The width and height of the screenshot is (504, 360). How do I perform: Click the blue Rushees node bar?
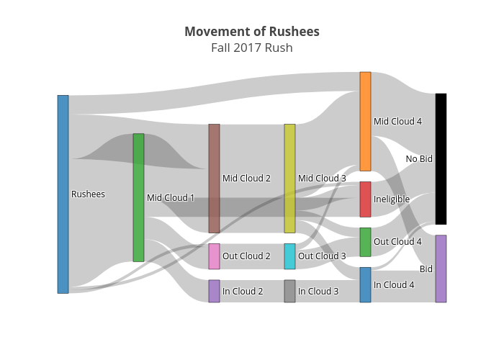(63, 194)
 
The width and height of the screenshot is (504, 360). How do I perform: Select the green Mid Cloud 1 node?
(138, 197)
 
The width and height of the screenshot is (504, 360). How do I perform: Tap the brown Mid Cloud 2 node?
(214, 178)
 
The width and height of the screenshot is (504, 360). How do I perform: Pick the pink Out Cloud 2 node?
(214, 256)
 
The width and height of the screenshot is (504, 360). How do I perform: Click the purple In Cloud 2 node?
(214, 291)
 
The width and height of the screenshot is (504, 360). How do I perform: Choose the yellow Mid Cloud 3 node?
(289, 178)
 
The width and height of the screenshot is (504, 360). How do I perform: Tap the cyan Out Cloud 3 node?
(289, 256)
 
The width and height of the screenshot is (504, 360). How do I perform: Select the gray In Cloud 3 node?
(289, 291)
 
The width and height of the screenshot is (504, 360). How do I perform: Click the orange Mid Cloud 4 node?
(365, 121)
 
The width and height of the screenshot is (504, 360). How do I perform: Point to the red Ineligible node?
(365, 199)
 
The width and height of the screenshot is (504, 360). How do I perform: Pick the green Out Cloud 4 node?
(365, 242)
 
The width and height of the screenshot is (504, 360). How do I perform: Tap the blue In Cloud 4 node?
(365, 284)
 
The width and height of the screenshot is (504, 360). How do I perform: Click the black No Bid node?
(441, 158)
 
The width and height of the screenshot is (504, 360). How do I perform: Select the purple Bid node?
(441, 269)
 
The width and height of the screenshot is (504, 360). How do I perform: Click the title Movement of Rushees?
(252, 32)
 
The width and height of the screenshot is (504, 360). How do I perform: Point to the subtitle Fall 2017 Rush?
(252, 48)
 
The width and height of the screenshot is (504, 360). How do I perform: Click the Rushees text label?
(88, 194)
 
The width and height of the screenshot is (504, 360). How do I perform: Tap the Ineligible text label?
(392, 199)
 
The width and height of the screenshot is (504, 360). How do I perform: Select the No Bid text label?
(419, 159)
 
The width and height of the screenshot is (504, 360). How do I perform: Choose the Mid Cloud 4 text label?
(397, 122)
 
